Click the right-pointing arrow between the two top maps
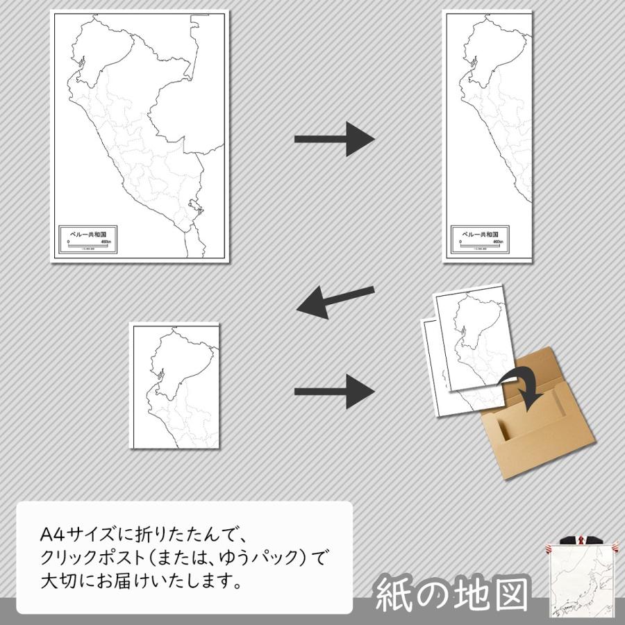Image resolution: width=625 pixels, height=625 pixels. click(335, 140)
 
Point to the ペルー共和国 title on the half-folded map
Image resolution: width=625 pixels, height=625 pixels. click(479, 235)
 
